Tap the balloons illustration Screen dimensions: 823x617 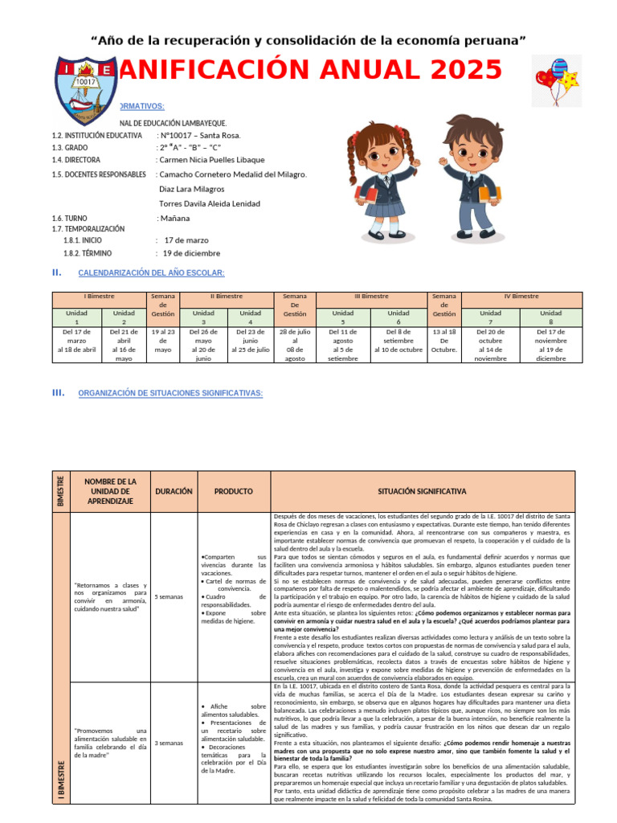[557, 80]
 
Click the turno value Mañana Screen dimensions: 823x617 [175, 218]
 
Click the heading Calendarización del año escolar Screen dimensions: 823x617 [151, 273]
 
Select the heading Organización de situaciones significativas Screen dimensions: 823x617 [170, 393]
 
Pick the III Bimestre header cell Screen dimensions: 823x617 [370, 297]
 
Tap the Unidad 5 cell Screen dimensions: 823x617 [343, 317]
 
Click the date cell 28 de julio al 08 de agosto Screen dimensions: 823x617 [295, 345]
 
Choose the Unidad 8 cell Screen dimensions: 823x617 [551, 317]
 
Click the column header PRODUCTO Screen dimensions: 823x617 [233, 491]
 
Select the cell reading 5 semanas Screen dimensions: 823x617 [168, 596]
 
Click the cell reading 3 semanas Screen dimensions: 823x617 [168, 743]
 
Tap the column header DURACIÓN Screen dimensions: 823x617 [174, 491]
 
